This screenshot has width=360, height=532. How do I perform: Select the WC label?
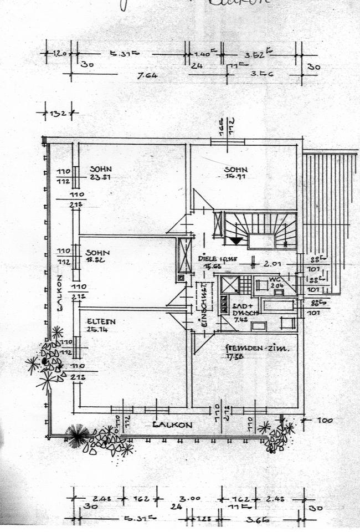click(x=275, y=279)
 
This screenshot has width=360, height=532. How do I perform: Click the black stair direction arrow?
click(x=236, y=241)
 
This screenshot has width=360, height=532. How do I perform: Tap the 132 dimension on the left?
click(x=58, y=114)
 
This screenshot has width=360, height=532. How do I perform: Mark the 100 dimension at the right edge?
click(x=325, y=421)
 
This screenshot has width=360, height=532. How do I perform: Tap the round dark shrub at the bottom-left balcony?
click(x=77, y=435)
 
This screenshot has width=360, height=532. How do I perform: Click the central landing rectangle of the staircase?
click(x=261, y=241)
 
